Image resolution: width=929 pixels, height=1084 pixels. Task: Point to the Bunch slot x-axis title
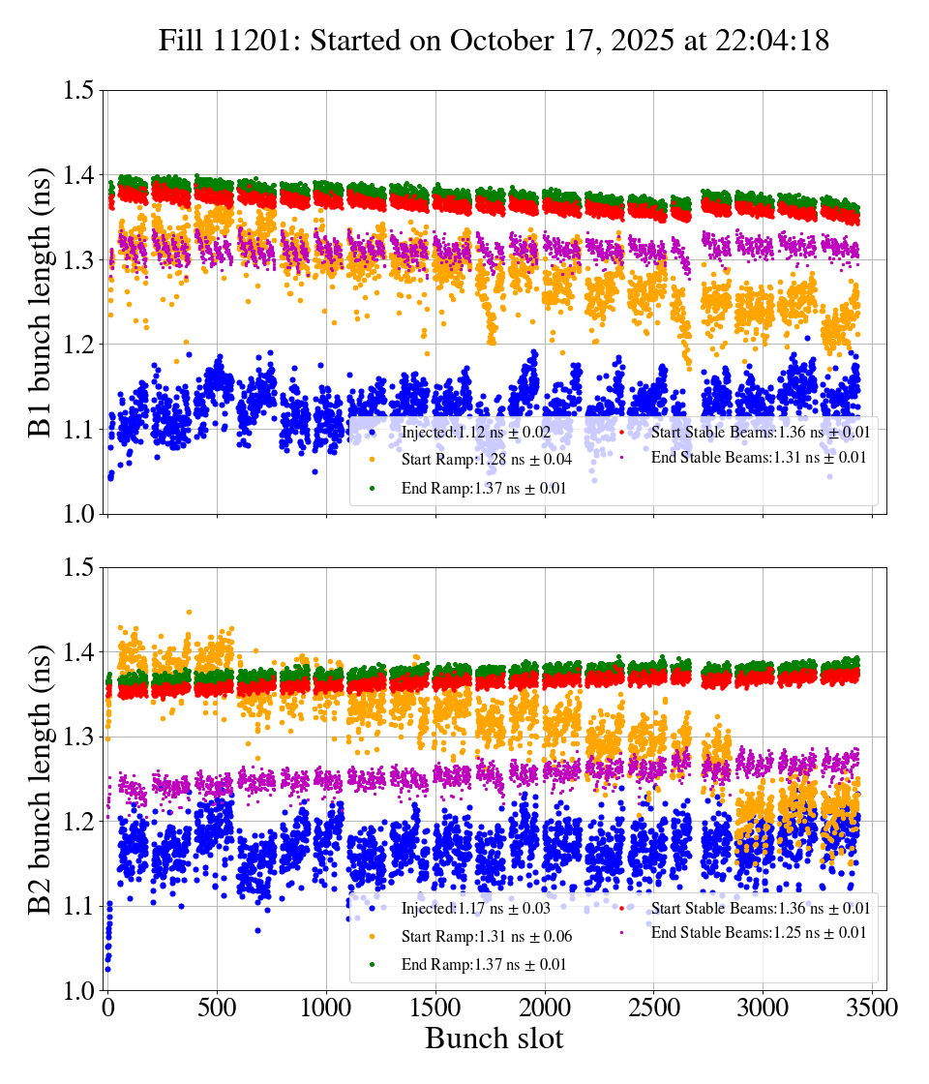(494, 1039)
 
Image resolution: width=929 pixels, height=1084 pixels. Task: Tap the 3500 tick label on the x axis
(872, 1008)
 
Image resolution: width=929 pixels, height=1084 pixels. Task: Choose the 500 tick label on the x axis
(217, 1008)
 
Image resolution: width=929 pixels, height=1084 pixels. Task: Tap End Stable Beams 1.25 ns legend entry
(756, 933)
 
